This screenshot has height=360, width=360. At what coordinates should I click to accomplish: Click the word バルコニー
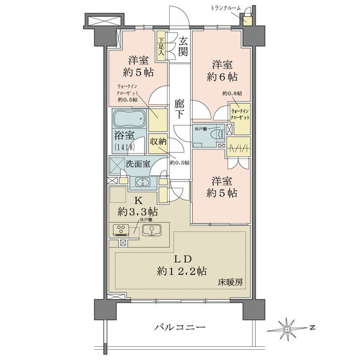coord(180,328)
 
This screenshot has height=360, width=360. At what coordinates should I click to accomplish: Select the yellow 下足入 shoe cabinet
coord(161,46)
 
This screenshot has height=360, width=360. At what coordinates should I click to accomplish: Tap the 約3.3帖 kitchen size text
coord(137,211)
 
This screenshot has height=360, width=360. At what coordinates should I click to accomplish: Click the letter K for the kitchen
coord(137,200)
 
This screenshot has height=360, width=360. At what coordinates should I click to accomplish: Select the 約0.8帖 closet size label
coord(232,94)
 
